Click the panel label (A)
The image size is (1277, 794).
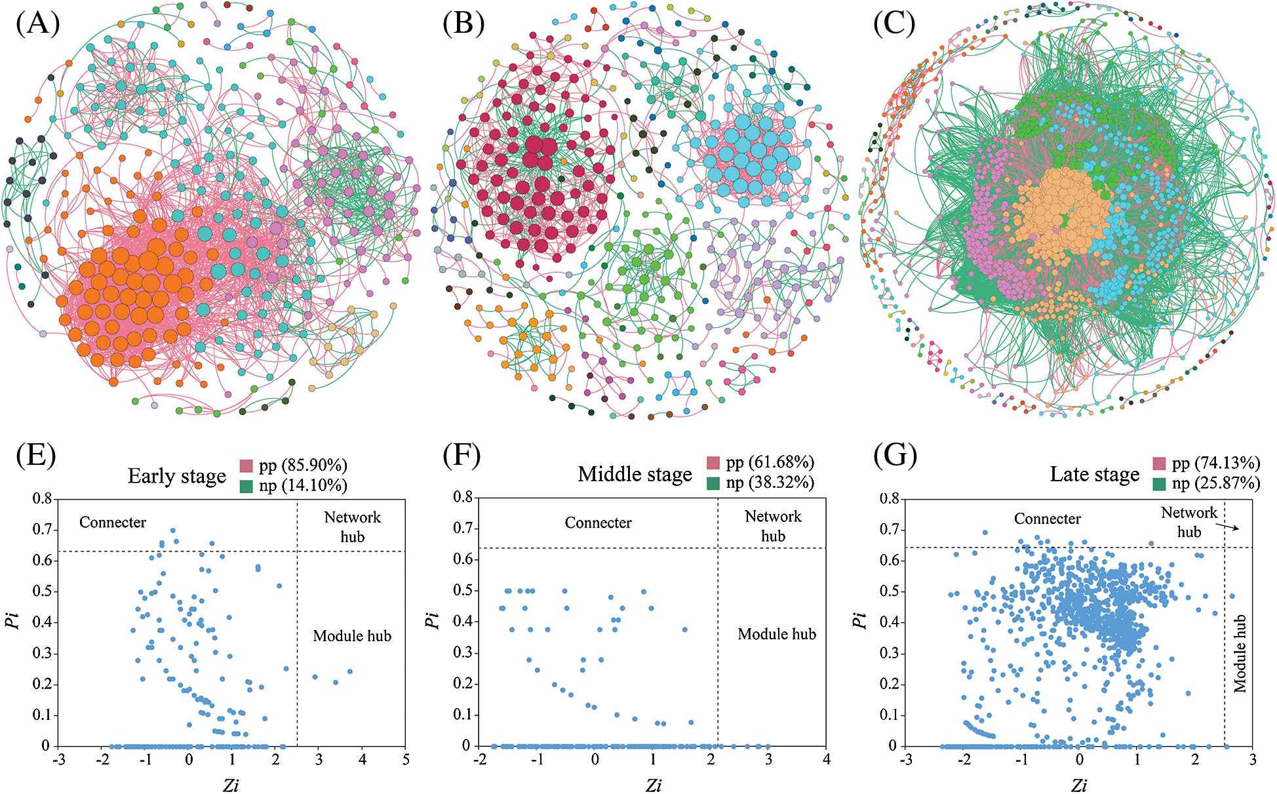coord(37,24)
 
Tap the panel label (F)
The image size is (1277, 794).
coord(462,455)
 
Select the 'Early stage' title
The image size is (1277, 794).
coord(177,476)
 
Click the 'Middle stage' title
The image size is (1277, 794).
coord(635,474)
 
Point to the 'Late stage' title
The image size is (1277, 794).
coord(1094,474)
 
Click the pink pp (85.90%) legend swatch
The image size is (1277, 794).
coord(246,466)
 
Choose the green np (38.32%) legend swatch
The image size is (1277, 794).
coord(713,484)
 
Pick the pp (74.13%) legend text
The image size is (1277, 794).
coord(1215,463)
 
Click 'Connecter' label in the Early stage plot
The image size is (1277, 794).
coord(113,523)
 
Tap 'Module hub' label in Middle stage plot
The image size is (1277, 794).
coord(777,634)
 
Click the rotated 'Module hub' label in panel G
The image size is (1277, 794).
coord(1240,654)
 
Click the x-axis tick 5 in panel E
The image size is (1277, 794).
coord(406,760)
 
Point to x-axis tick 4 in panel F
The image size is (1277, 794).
coord(826,759)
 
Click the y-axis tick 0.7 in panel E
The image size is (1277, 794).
coord(42,529)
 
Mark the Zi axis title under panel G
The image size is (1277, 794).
coord(1079,785)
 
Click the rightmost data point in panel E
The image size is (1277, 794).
coord(350,671)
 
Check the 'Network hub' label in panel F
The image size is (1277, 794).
coord(773,526)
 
